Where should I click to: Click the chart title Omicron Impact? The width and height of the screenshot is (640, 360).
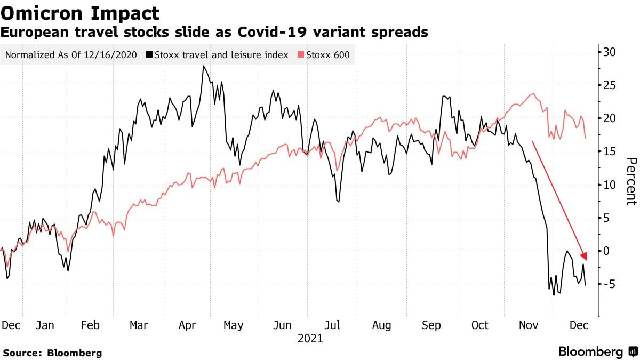(x=80, y=13)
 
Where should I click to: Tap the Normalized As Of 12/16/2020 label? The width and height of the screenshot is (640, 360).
(x=71, y=55)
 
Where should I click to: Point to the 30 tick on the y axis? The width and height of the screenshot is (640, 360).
(x=610, y=52)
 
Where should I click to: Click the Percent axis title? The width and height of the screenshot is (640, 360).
(x=631, y=181)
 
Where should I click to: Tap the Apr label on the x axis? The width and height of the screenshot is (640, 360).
(x=188, y=325)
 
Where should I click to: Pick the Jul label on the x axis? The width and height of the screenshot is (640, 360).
(x=333, y=325)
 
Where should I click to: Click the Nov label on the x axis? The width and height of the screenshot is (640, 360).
(x=529, y=325)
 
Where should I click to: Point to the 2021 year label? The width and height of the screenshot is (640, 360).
(x=310, y=338)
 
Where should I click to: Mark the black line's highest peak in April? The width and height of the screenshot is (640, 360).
(x=203, y=66)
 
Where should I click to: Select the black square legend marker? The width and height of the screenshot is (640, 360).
(x=150, y=55)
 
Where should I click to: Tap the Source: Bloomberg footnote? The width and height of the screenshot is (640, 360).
(x=52, y=353)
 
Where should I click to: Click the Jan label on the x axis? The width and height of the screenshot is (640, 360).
(x=45, y=325)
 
